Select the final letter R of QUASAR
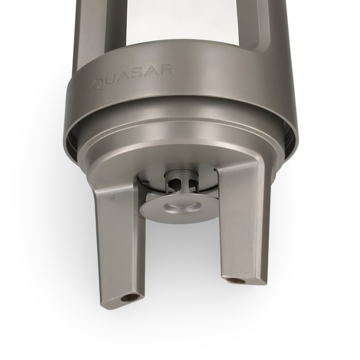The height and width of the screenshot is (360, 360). (167, 69)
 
